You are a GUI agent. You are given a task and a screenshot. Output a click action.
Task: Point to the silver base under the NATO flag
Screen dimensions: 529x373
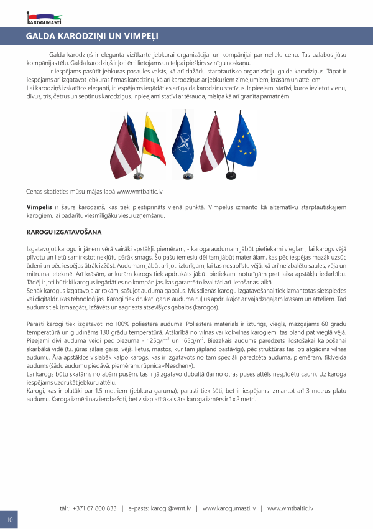[186, 179]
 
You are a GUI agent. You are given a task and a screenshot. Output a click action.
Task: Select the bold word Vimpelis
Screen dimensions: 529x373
[39, 207]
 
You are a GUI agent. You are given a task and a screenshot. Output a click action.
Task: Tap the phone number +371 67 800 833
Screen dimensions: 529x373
[95, 508]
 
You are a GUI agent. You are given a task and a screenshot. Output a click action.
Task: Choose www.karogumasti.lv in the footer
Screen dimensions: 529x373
[229, 508]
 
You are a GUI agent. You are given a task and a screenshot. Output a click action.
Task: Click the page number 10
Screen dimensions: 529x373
[9, 519]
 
